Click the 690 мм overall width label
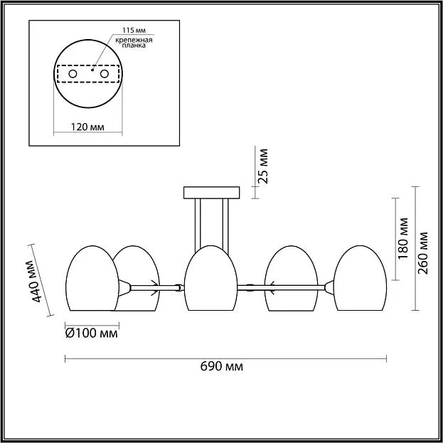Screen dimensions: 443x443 click(x=222, y=366)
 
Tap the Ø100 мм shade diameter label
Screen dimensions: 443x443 click(x=91, y=333)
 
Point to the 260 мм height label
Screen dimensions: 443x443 click(x=422, y=253)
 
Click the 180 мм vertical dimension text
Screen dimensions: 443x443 click(x=403, y=238)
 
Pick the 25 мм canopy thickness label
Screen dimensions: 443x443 click(x=263, y=166)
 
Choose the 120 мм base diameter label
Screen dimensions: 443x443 click(x=87, y=127)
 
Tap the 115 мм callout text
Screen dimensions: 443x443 click(x=134, y=30)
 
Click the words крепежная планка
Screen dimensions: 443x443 click(x=134, y=43)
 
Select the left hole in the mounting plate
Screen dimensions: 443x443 click(x=73, y=74)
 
